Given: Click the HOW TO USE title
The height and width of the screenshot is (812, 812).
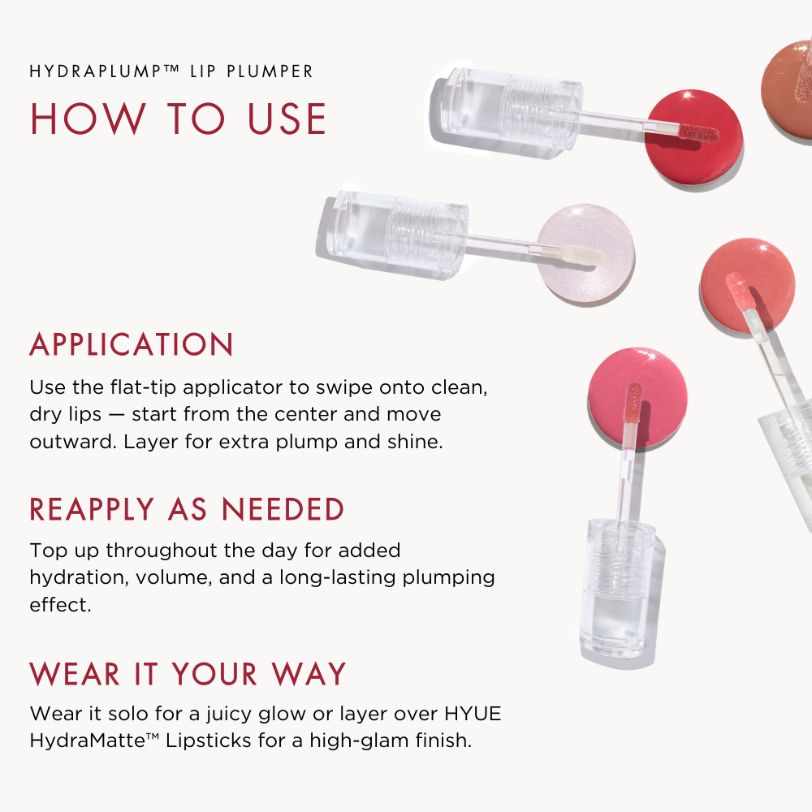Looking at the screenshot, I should [x=179, y=119].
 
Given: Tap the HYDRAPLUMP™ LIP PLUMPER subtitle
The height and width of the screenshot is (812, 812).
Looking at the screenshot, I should [x=171, y=71].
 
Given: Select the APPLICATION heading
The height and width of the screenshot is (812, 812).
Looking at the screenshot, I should [x=132, y=345].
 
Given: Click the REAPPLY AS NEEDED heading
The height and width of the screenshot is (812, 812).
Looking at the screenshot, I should [x=187, y=510].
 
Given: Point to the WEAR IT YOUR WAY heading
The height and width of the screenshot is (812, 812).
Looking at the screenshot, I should [x=188, y=674].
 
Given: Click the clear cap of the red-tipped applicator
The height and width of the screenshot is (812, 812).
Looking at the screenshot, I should [x=508, y=107].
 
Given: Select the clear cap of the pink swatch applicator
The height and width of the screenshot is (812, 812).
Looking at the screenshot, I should [x=617, y=585].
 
